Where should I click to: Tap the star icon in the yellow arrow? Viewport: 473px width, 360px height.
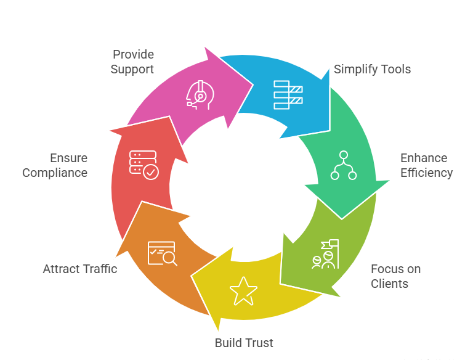243,290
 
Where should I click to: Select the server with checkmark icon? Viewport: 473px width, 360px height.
143,165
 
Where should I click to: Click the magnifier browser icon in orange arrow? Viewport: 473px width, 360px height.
162,253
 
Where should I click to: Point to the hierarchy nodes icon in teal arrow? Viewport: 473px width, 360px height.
344,165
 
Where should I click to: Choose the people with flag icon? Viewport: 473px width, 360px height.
325,254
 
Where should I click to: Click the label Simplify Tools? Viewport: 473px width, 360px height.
372,69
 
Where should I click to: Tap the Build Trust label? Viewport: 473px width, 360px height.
244,343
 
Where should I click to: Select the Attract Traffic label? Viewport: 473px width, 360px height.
80,269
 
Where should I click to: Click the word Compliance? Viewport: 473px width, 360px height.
55,173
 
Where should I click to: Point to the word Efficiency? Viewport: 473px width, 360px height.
426,173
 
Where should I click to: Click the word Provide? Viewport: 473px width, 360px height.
133,55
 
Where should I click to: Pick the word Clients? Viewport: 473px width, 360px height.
389,284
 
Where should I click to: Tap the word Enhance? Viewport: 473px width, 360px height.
424,158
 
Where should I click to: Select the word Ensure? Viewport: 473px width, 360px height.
69,158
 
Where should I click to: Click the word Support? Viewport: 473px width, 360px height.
132,70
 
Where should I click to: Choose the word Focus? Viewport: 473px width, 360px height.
387,269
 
